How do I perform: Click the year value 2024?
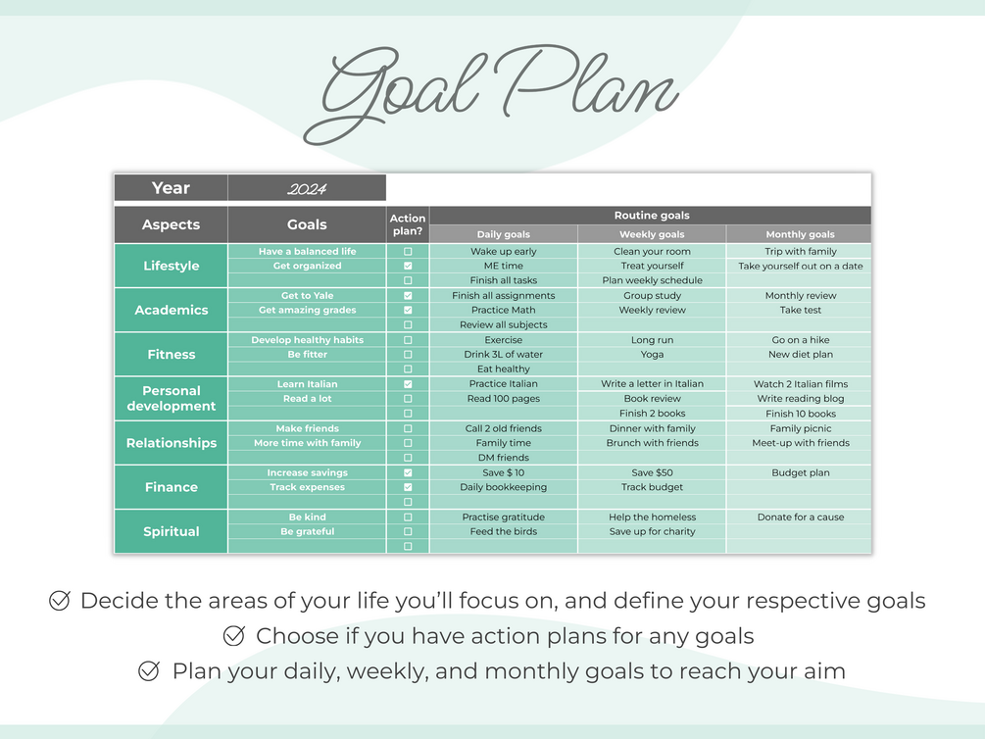click(307, 188)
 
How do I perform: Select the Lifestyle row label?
click(171, 266)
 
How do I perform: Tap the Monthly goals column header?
click(800, 234)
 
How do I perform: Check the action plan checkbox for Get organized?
click(408, 266)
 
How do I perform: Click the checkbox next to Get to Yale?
click(408, 295)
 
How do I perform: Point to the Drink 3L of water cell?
click(503, 355)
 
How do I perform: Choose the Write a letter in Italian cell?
click(652, 384)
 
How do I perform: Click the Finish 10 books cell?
click(801, 414)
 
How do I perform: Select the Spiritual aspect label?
click(171, 531)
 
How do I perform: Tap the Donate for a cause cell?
click(801, 517)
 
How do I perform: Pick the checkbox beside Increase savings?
click(408, 472)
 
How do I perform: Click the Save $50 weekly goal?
click(652, 472)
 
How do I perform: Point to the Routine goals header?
click(652, 216)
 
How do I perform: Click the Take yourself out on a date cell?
click(801, 266)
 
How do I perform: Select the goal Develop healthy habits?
click(307, 340)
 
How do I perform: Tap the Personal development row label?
click(171, 398)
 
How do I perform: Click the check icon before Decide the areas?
click(59, 601)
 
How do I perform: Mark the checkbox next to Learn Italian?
click(408, 384)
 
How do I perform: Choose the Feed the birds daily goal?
click(503, 531)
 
